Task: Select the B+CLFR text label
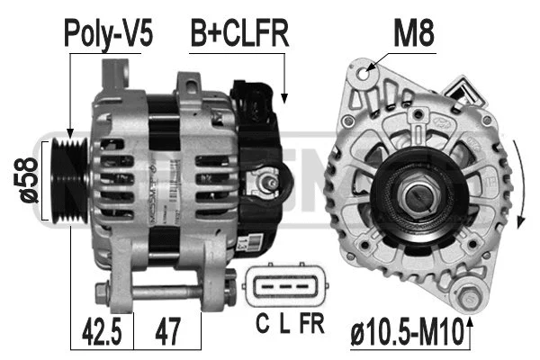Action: pos(238,34)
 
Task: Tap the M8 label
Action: pos(414,34)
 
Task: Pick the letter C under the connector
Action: pos(260,322)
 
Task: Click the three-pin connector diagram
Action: pos(282,287)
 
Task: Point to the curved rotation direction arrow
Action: pos(518,184)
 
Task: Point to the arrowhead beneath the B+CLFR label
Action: pos(284,96)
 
